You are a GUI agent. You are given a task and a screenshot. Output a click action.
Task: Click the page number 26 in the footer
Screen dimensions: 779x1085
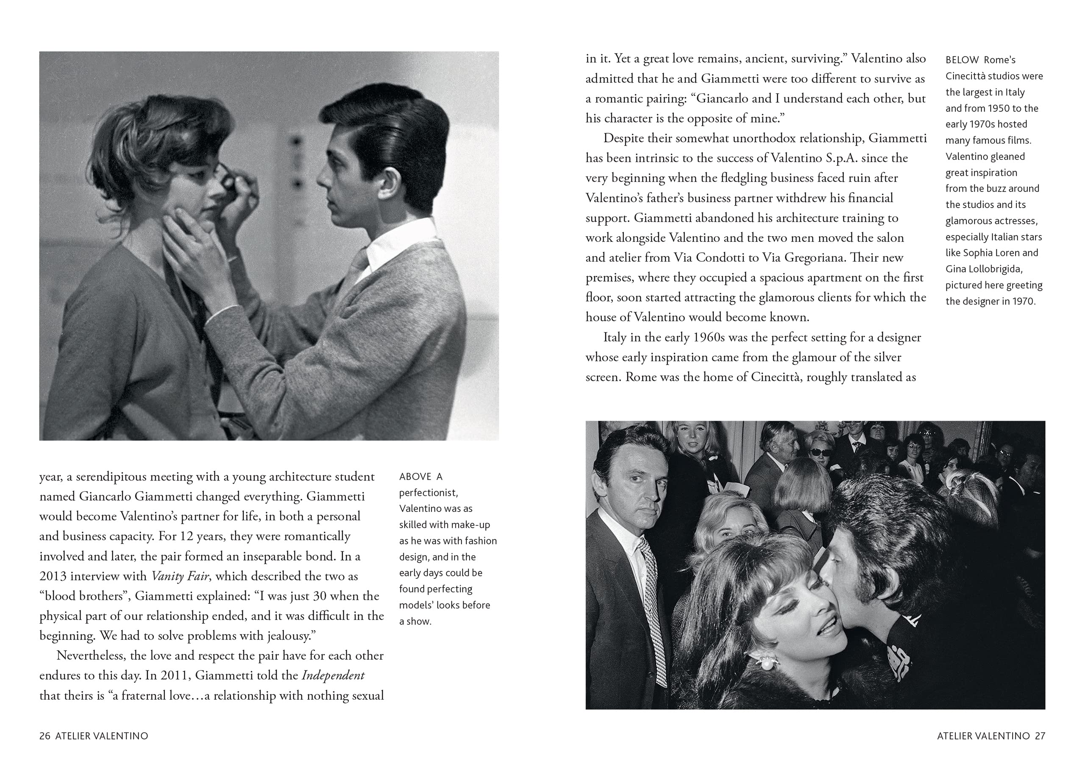tap(45, 736)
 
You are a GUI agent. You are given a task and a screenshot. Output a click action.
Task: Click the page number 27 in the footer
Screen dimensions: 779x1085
tap(1040, 736)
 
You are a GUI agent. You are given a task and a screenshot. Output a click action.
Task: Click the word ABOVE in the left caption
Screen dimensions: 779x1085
tap(415, 477)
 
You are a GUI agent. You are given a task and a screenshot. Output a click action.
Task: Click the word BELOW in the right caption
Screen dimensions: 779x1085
tap(962, 60)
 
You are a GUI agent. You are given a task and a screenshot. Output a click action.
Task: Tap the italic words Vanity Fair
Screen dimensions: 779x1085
tap(180, 576)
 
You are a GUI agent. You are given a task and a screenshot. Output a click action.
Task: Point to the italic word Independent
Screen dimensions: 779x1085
tap(333, 676)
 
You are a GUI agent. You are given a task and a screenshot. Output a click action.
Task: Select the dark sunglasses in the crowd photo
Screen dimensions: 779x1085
tap(820, 452)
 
